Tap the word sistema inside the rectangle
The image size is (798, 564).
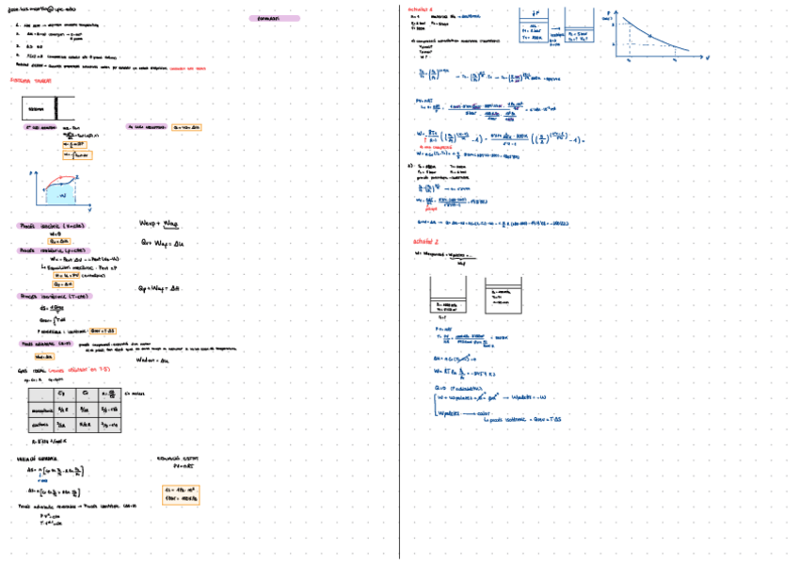pos(37,110)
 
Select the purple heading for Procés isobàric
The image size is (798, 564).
pos(56,251)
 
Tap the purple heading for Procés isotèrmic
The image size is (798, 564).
pos(56,296)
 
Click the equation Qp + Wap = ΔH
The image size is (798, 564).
pos(159,287)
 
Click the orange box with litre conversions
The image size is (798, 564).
pos(180,494)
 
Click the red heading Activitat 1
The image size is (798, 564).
pos(421,8)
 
